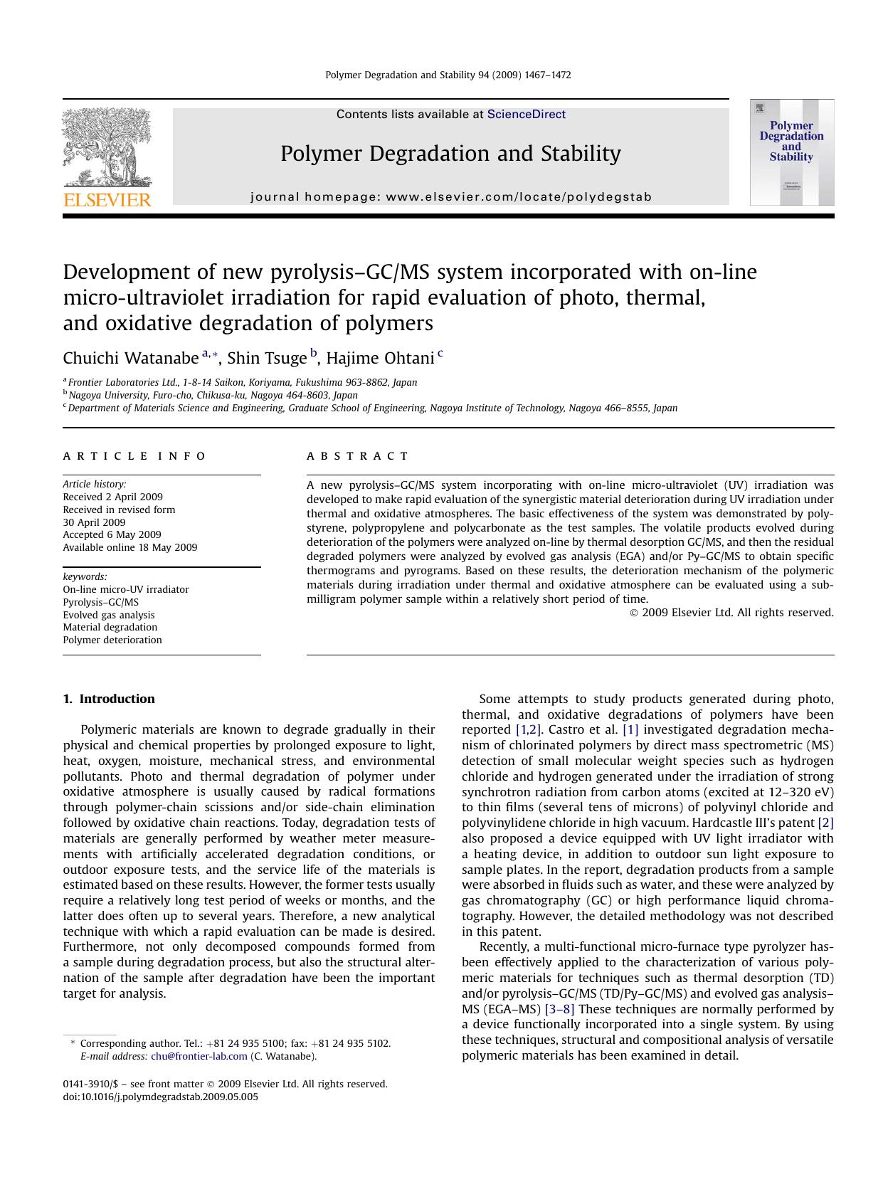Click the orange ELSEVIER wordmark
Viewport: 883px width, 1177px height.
point(107,200)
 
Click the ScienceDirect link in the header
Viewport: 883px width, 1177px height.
point(526,115)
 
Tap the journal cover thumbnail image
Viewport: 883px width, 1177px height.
point(791,152)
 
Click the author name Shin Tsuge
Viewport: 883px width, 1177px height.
point(266,357)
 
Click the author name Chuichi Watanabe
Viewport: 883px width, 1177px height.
point(130,357)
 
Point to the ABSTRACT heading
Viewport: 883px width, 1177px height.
point(358,456)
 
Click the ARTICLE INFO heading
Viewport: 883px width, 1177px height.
point(134,456)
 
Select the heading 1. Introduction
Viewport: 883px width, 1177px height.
point(109,699)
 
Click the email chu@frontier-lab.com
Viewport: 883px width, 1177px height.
point(199,1056)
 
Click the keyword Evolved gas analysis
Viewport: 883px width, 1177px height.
point(108,615)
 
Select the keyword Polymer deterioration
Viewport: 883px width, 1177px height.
point(112,640)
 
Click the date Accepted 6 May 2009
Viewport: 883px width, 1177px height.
point(112,534)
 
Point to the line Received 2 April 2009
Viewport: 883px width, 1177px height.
point(112,497)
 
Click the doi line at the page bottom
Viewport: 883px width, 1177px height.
point(161,1097)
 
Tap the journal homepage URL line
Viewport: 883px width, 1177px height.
point(451,197)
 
